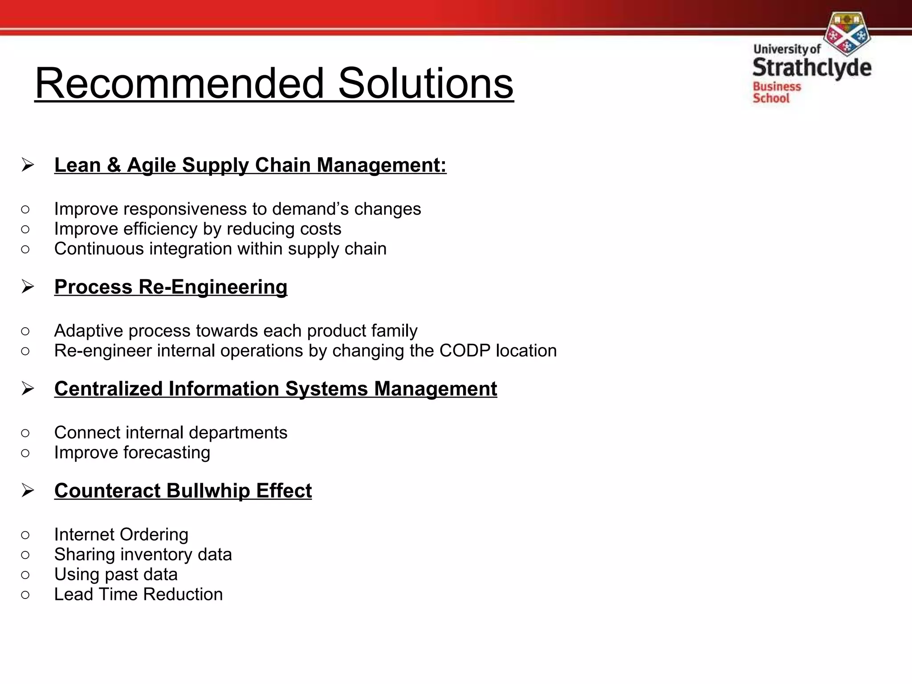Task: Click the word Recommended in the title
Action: click(x=179, y=83)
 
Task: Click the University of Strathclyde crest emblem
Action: click(x=847, y=33)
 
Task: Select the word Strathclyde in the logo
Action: click(x=812, y=68)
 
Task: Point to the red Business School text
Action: click(x=776, y=92)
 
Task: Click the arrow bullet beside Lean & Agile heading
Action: click(x=28, y=165)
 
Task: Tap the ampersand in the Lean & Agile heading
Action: click(x=114, y=165)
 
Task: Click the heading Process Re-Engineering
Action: click(x=171, y=287)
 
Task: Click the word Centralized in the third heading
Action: click(x=108, y=389)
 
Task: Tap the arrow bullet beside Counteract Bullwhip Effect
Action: click(x=28, y=491)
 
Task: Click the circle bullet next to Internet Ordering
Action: click(x=25, y=535)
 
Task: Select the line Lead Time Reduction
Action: click(x=138, y=594)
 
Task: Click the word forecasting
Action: click(x=167, y=453)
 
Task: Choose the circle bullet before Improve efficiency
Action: click(x=25, y=229)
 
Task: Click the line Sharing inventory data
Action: click(x=143, y=555)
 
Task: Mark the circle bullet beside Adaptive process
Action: click(x=25, y=331)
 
